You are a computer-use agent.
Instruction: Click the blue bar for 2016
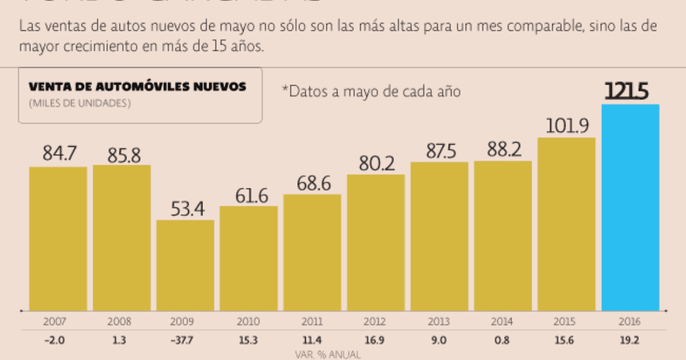click(x=630, y=207)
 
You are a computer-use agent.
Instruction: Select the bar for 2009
click(x=185, y=265)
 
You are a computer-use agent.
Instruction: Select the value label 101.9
click(x=566, y=125)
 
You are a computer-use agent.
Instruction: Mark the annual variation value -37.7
click(x=185, y=341)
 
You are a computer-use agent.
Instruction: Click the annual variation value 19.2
click(x=631, y=341)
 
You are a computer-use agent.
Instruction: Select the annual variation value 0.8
click(x=503, y=341)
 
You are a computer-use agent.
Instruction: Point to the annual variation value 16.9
click(x=376, y=341)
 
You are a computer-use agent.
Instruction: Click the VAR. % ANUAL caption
click(x=328, y=354)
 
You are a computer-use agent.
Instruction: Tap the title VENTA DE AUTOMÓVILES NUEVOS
click(x=138, y=87)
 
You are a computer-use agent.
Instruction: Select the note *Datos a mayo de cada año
click(x=371, y=91)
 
